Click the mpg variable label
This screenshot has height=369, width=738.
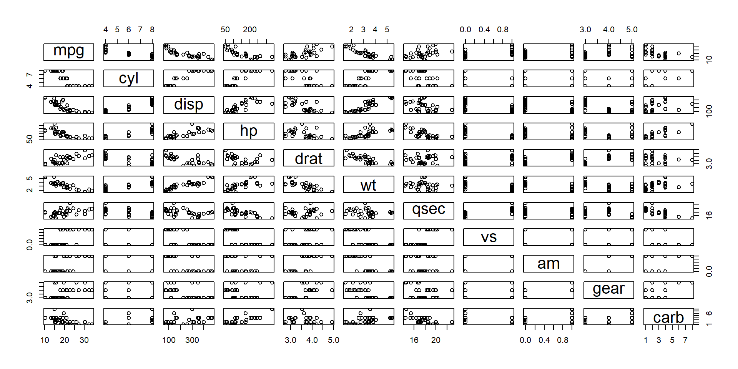pyautogui.click(x=69, y=51)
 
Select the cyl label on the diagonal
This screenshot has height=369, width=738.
pyautogui.click(x=129, y=78)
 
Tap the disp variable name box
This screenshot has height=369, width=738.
pyautogui.click(x=189, y=105)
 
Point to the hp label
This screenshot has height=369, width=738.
pyautogui.click(x=249, y=131)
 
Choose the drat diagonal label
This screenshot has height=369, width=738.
pyautogui.click(x=309, y=158)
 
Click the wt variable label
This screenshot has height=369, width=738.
pyautogui.click(x=369, y=185)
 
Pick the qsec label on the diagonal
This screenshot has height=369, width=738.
pyautogui.click(x=429, y=210)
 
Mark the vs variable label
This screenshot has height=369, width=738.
pyautogui.click(x=489, y=237)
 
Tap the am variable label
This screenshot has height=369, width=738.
pyautogui.click(x=549, y=264)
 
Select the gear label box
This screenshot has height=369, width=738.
pyautogui.click(x=608, y=289)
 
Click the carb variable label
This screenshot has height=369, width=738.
pyautogui.click(x=668, y=317)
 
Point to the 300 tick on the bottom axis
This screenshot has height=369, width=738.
pyautogui.click(x=192, y=340)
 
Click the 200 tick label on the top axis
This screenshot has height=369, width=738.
pyautogui.click(x=250, y=30)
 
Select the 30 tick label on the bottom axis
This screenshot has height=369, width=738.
pyautogui.click(x=84, y=340)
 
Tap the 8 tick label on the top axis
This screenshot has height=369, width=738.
pyautogui.click(x=152, y=30)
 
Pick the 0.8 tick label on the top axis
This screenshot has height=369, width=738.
pyautogui.click(x=503, y=30)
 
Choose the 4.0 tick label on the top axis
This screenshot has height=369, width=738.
pyautogui.click(x=608, y=30)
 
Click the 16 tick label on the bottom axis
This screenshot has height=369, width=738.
pyautogui.click(x=414, y=340)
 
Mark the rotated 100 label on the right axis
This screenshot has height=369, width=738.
pyautogui.click(x=709, y=111)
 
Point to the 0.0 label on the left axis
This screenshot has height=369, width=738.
pyautogui.click(x=30, y=244)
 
